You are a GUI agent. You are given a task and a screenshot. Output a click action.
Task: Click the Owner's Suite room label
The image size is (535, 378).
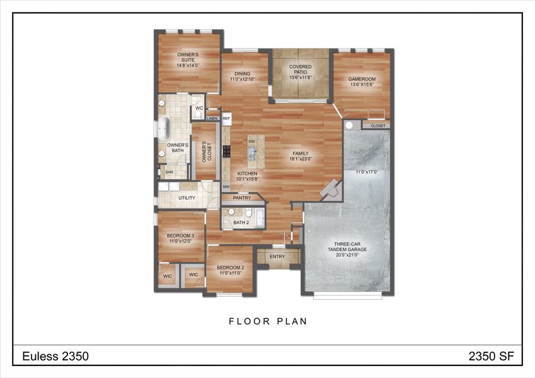[188, 60]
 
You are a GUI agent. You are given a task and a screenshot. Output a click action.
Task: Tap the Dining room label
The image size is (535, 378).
[242, 76]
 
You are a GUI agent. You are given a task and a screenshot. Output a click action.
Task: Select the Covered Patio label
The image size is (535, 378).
[301, 70]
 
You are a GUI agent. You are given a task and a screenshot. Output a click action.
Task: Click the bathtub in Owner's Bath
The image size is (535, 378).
[164, 129]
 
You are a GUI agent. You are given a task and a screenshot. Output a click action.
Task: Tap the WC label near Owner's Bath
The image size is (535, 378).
[198, 108]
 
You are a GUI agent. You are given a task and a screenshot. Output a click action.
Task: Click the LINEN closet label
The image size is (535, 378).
[212, 118]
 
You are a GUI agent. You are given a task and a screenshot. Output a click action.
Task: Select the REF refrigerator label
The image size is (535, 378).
[226, 118]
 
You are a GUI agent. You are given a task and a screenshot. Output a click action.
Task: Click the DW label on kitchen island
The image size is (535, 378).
[251, 142]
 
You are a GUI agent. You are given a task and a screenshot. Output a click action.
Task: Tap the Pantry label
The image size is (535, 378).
[241, 198]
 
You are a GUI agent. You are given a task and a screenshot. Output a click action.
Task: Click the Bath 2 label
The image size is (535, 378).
[241, 222]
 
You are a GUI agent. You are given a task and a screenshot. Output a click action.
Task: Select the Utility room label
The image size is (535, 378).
[187, 198]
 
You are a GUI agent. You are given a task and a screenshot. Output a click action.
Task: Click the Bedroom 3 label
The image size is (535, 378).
[180, 238]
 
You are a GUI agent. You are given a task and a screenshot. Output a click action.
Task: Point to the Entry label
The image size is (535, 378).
[277, 256]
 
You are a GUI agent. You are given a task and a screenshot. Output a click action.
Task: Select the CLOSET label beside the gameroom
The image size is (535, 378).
[377, 125]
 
